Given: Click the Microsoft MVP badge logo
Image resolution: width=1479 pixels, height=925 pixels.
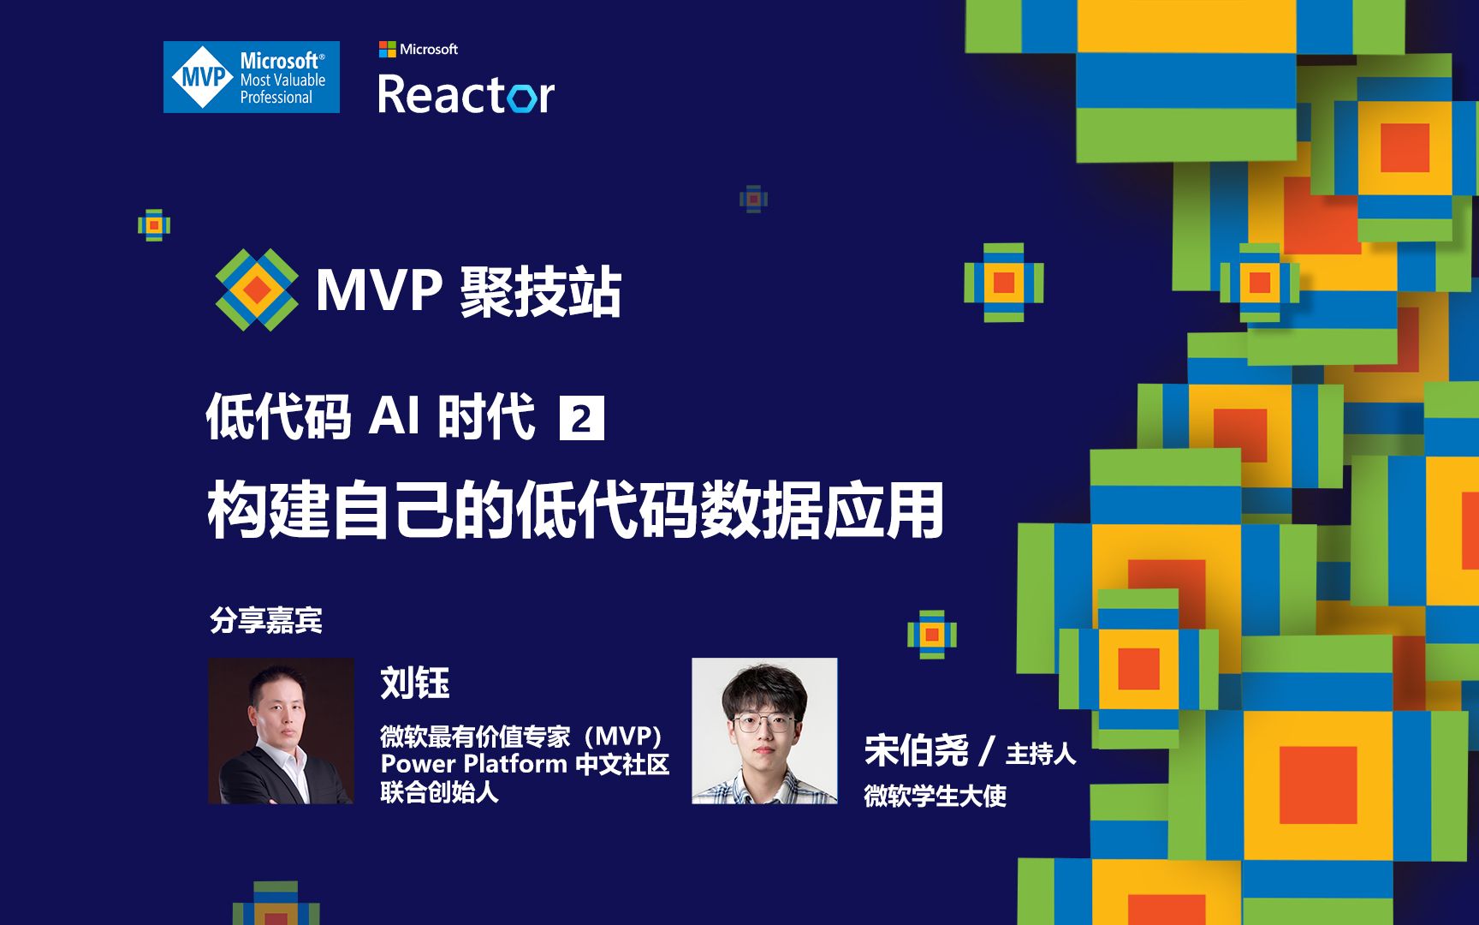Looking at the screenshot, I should tap(252, 77).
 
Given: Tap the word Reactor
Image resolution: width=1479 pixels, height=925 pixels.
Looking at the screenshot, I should tap(466, 94).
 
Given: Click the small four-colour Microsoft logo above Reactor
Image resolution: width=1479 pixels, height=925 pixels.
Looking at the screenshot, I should tap(387, 49).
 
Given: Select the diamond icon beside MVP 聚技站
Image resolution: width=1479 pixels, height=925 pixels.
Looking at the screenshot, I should tap(256, 290).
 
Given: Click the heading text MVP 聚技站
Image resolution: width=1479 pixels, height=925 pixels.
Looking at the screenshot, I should tap(468, 292).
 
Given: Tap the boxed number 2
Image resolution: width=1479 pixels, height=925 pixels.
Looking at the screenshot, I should tap(581, 419).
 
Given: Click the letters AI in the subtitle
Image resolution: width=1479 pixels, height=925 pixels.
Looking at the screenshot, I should tap(395, 417).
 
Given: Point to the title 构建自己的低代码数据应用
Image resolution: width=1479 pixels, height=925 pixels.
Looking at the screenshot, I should tap(575, 510).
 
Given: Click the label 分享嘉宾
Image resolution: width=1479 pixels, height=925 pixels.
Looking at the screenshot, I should tap(266, 620).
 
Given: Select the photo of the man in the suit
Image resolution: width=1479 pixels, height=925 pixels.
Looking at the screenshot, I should tap(281, 731).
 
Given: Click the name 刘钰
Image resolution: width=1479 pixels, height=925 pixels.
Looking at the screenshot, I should tap(415, 683).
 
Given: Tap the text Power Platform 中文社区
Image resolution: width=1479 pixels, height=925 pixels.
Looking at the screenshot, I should tap(525, 764).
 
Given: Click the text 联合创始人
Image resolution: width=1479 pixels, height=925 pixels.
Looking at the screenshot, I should tap(439, 792).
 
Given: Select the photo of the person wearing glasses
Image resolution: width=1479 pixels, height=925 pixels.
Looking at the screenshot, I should tap(764, 731).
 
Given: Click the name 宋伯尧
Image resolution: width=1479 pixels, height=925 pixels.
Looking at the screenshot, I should tap(916, 751).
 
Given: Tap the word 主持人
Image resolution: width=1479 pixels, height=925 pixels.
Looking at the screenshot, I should tap(1040, 754).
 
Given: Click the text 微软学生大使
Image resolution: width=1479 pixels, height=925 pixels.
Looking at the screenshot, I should tap(935, 797).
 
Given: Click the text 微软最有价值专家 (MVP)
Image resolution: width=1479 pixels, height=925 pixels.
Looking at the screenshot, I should tap(521, 737).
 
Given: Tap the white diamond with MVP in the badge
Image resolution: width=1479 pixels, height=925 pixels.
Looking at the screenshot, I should tap(203, 77).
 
